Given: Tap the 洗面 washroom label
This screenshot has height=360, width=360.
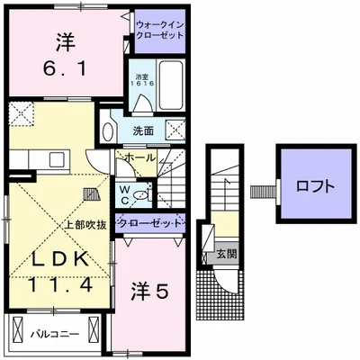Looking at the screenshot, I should (144, 130).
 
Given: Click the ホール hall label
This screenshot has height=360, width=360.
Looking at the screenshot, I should (138, 157).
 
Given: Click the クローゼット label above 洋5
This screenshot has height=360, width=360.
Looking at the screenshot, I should (150, 223).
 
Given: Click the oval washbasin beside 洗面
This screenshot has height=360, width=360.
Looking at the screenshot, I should (108, 130).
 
